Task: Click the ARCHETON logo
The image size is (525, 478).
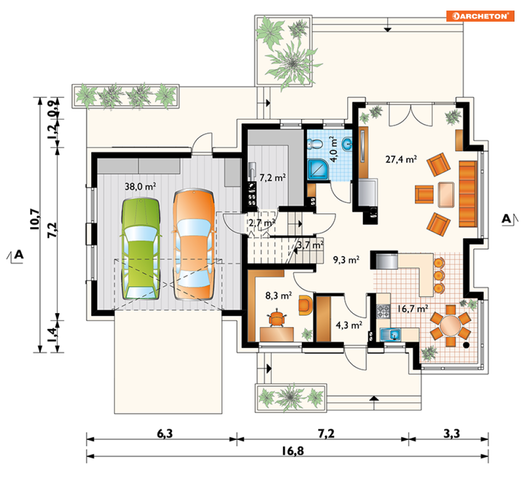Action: point(480,16)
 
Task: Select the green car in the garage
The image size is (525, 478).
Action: point(141,248)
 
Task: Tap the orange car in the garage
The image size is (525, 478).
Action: point(194,245)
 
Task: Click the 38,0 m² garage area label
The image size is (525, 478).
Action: point(140,186)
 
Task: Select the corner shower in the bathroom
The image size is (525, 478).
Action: point(318,170)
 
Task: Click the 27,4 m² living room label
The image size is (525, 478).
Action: point(401,159)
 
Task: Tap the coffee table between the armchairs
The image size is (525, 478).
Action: point(446,195)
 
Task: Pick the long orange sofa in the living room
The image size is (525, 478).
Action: point(467,194)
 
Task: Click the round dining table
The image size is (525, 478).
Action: point(450,325)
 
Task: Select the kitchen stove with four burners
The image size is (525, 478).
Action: point(384,311)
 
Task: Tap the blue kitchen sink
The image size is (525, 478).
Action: point(390,334)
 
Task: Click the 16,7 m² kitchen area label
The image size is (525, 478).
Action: point(413,308)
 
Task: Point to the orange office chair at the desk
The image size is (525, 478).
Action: point(276,319)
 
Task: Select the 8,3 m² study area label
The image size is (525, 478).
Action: point(278,295)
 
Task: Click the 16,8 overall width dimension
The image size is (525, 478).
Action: point(292,451)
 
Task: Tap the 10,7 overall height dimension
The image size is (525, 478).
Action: point(35,219)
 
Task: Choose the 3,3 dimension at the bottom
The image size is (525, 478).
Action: point(451,434)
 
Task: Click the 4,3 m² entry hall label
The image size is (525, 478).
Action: point(349,325)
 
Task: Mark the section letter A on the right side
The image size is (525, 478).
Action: point(506,219)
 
